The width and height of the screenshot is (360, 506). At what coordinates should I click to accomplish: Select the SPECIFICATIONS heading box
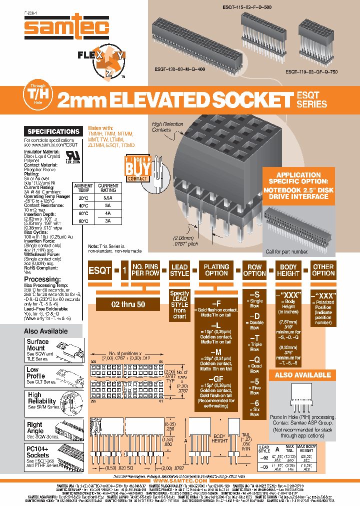(x=53, y=131)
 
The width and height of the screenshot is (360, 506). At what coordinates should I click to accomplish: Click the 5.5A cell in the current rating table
(x=108, y=198)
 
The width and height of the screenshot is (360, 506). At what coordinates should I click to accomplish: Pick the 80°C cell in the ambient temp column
(x=83, y=220)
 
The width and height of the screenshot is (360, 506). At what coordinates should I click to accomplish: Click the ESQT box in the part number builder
(x=100, y=270)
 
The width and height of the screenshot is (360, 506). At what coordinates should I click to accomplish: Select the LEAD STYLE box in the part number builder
(x=179, y=270)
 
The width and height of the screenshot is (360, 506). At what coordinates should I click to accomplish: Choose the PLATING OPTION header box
(x=216, y=270)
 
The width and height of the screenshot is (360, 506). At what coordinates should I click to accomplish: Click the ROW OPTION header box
(x=254, y=270)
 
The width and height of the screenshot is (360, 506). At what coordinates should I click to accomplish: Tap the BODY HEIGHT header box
(x=288, y=270)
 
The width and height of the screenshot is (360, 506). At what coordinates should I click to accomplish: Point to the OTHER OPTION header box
(x=323, y=270)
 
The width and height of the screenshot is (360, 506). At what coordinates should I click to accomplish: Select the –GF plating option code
(x=216, y=379)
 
